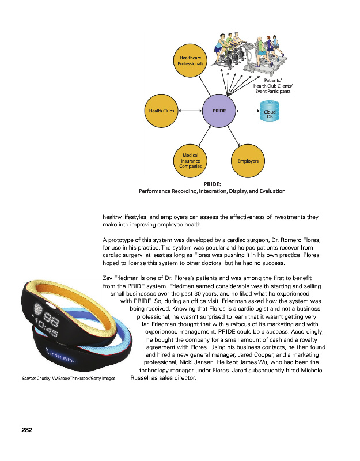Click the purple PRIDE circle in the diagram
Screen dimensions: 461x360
coord(219,110)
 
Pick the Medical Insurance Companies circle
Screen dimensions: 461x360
coord(190,160)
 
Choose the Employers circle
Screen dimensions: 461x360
coord(248,160)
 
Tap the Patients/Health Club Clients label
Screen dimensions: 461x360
coord(272,86)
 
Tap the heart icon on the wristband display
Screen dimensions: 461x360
coord(39,308)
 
